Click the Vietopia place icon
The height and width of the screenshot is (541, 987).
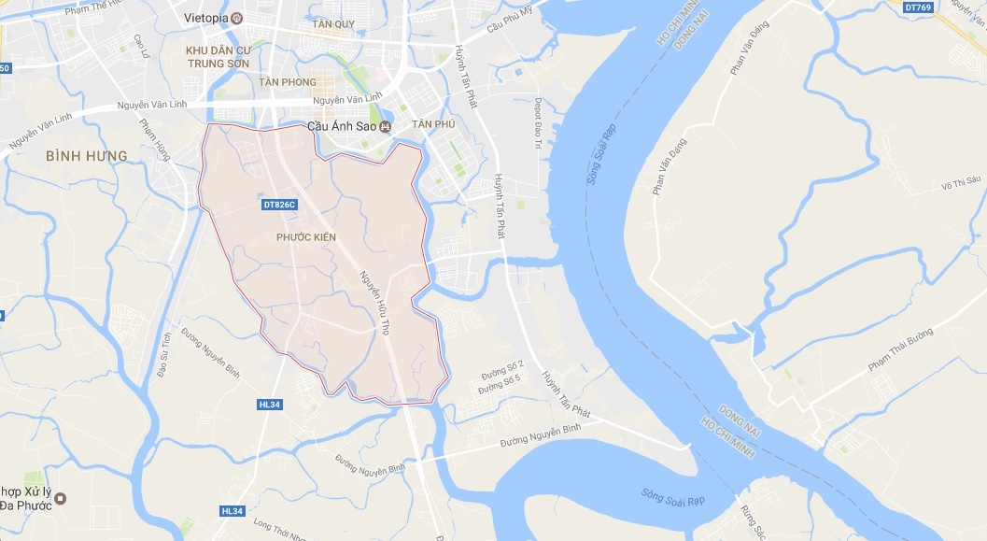pyautogui.click(x=236, y=18)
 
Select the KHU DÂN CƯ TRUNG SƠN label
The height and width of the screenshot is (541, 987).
pyautogui.click(x=218, y=57)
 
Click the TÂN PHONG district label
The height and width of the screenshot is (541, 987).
pyautogui.click(x=288, y=82)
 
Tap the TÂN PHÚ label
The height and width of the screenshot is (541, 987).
pyautogui.click(x=432, y=125)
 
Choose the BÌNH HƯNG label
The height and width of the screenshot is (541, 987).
pyautogui.click(x=86, y=155)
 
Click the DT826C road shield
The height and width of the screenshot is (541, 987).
pyautogui.click(x=279, y=205)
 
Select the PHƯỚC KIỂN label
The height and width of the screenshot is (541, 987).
pyautogui.click(x=306, y=237)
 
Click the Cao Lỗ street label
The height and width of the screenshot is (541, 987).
pyautogui.click(x=142, y=47)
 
